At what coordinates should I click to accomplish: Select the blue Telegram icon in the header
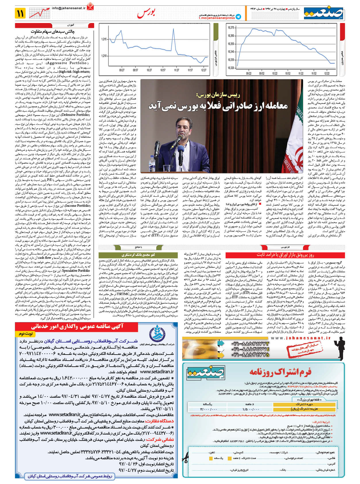(x=238, y=17)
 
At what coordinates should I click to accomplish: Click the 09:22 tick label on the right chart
(x=249, y=73)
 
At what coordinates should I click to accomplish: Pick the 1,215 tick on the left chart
(x=104, y=39)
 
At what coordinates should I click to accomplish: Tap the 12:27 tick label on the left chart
(x=204, y=70)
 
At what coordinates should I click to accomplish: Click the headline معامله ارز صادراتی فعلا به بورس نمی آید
(x=218, y=105)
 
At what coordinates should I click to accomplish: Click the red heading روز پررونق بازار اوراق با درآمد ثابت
(x=285, y=255)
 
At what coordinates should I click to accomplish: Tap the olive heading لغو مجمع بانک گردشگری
(x=138, y=255)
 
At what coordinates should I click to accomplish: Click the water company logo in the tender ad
(x=157, y=333)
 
